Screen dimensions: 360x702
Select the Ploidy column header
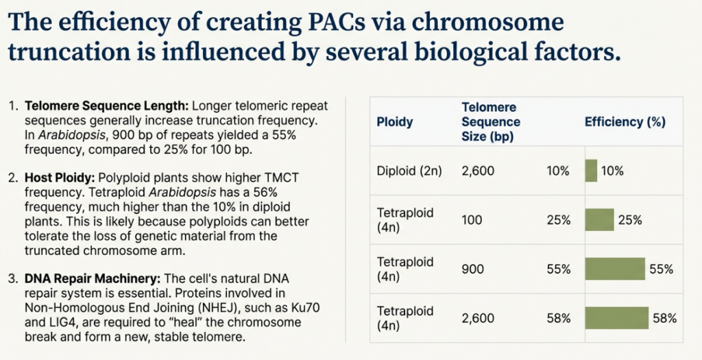[395, 122]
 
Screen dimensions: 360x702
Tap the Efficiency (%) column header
[625, 122]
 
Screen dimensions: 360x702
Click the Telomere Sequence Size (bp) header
[491, 122]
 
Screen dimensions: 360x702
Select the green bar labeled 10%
[591, 171]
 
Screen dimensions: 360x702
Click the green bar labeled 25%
[599, 219]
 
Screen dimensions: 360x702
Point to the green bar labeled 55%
[615, 269]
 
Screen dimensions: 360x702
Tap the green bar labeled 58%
[616, 317]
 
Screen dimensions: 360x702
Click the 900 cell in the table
[472, 269]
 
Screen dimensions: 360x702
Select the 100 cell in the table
[472, 220]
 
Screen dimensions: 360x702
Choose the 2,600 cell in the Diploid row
[478, 171]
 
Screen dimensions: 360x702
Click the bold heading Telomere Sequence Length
[106, 107]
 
